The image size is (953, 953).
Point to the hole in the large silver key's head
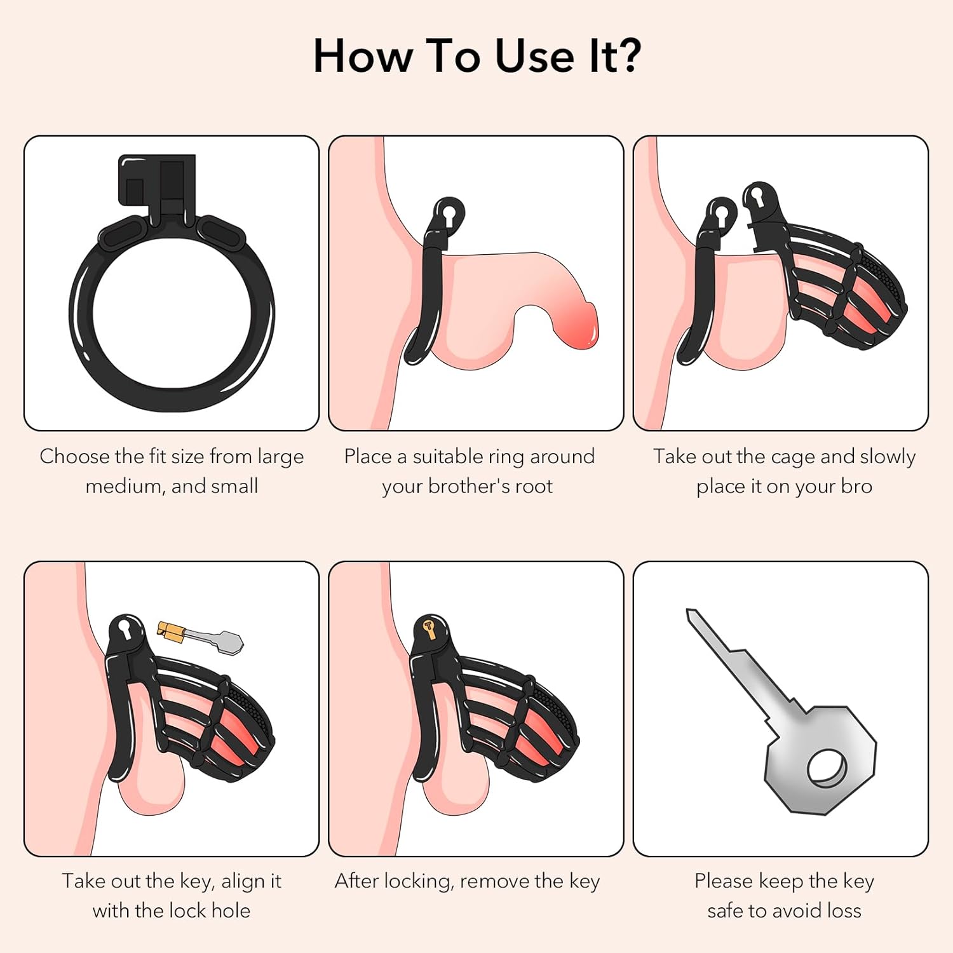click(x=827, y=769)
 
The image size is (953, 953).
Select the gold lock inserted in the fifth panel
click(x=430, y=628)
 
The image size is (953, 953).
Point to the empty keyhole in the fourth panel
click(x=125, y=630)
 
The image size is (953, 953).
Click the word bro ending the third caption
click(x=856, y=487)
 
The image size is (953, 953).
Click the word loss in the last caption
click(x=842, y=911)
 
